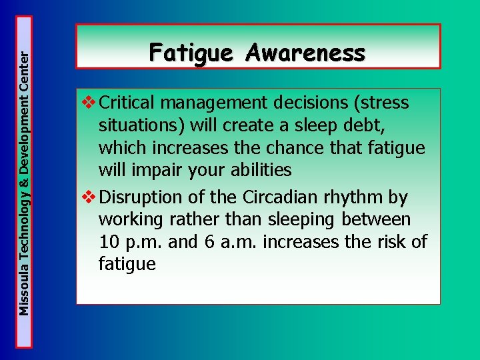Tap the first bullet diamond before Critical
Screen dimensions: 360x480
pos(88,103)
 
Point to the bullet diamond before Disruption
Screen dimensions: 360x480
pos(88,197)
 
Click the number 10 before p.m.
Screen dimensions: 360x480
pos(110,242)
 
